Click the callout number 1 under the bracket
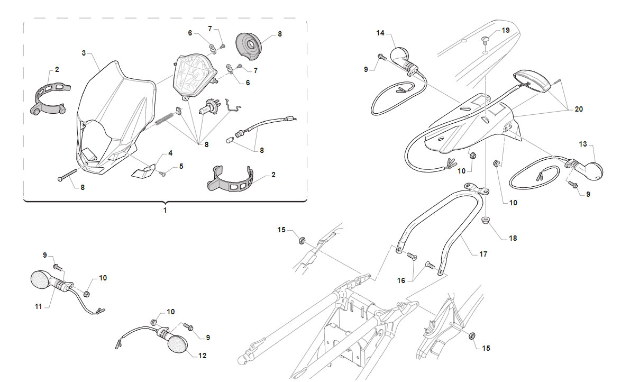click(x=165, y=210)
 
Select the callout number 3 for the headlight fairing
click(x=84, y=53)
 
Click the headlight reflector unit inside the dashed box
click(x=195, y=77)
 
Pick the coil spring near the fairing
click(x=165, y=119)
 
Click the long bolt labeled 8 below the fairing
click(x=68, y=175)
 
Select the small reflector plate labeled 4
click(x=143, y=170)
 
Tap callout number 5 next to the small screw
click(x=181, y=166)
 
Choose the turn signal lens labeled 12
click(x=177, y=344)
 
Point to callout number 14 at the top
click(x=380, y=33)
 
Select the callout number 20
click(x=579, y=110)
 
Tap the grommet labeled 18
click(x=486, y=221)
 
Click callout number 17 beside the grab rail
click(x=483, y=254)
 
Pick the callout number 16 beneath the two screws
click(x=401, y=281)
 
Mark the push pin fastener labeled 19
click(x=486, y=40)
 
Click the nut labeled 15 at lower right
click(x=472, y=335)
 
